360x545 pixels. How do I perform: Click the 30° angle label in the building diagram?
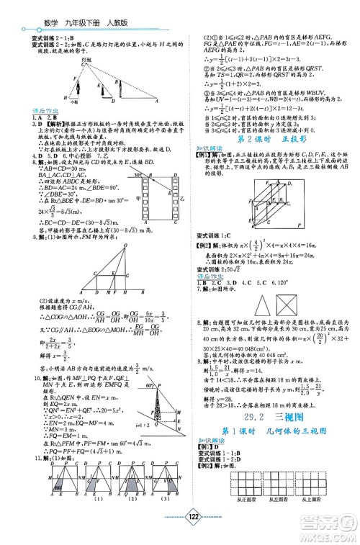(136, 175)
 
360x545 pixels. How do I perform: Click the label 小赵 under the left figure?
(66, 102)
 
